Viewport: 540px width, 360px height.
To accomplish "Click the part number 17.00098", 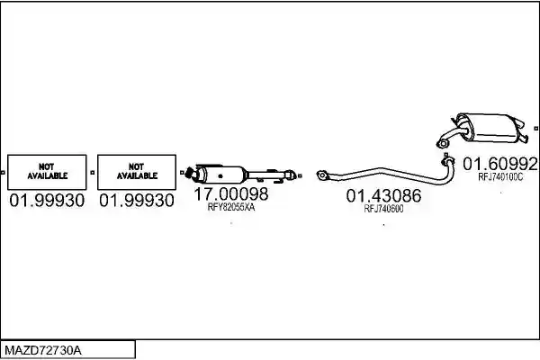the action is click(231, 194).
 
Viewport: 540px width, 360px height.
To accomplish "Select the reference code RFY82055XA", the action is click(231, 207).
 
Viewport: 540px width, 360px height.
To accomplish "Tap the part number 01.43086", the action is click(383, 196).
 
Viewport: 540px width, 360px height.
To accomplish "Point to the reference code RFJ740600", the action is click(383, 209).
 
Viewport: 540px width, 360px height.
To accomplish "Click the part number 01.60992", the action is click(500, 164).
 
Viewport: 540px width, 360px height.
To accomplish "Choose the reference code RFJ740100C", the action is click(500, 176).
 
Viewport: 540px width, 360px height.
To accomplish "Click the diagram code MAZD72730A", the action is click(43, 351).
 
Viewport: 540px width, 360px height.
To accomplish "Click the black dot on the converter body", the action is click(220, 176).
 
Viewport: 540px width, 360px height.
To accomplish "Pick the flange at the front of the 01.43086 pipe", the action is click(322, 175).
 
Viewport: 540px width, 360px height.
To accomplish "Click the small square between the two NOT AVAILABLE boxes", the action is click(92, 172).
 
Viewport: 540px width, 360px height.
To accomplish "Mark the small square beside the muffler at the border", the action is click(535, 129).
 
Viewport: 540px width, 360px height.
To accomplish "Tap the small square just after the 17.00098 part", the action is click(300, 176).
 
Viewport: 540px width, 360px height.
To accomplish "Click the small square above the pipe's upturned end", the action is click(446, 155).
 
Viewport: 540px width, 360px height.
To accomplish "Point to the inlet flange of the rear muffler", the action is click(442, 143).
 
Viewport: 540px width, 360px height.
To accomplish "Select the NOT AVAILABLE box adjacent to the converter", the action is click(137, 172).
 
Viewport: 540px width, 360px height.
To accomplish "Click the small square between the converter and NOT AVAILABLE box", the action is click(182, 172).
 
